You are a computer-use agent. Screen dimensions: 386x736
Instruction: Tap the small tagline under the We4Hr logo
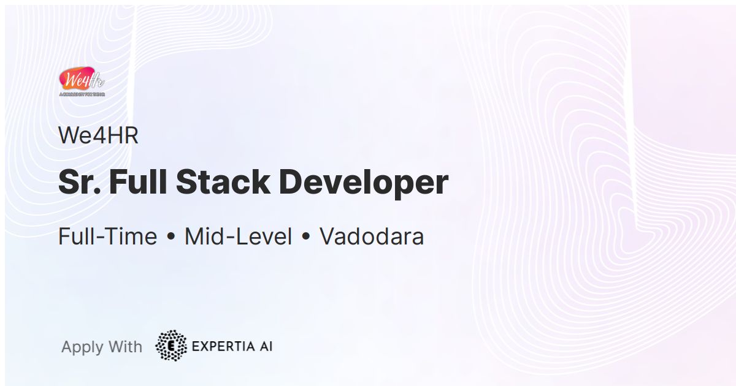click(x=82, y=95)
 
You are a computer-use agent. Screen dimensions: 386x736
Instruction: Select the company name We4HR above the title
click(x=98, y=136)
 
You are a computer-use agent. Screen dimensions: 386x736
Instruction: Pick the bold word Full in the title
click(x=137, y=182)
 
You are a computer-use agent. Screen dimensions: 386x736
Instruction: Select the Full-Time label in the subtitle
click(x=108, y=237)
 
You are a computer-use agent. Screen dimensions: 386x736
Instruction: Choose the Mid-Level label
click(x=238, y=237)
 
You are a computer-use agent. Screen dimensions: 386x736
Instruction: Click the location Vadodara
click(x=372, y=237)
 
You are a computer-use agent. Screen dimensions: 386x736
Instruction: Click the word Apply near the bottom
click(x=82, y=347)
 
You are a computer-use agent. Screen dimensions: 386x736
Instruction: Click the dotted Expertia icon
click(x=171, y=346)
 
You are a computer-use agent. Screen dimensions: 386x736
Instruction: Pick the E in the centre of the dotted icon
click(x=172, y=346)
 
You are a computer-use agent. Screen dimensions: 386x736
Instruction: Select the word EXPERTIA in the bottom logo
click(x=221, y=346)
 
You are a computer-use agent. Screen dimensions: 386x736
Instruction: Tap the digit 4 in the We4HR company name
click(x=99, y=136)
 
